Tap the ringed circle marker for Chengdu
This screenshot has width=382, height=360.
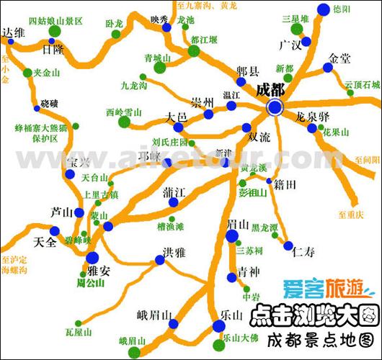pyautogui.click(x=275, y=108)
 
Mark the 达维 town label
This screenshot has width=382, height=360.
pyautogui.click(x=14, y=33)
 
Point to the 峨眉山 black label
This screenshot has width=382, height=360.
pyautogui.click(x=154, y=315)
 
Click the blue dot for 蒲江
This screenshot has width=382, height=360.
pyautogui.click(x=172, y=204)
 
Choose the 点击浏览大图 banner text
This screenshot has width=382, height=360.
pyautogui.click(x=314, y=315)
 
